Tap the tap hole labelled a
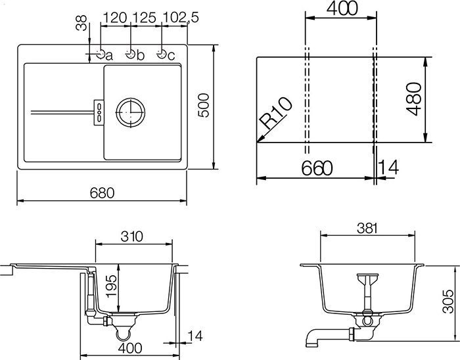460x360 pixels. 100,54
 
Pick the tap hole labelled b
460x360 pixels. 131,54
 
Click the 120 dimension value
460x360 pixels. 115,17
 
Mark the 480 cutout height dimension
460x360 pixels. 413,99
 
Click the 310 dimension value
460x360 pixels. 134,235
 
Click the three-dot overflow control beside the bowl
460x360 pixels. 99,110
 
